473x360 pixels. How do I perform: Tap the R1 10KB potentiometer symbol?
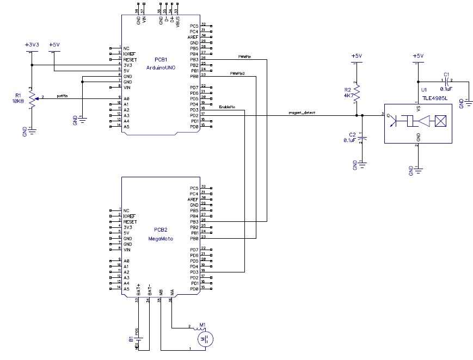(x=32, y=99)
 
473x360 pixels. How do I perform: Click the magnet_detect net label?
(x=302, y=113)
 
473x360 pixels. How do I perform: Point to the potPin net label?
(x=62, y=96)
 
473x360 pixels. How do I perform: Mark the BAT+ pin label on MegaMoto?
(x=139, y=289)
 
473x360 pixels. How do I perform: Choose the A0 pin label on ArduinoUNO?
(x=126, y=98)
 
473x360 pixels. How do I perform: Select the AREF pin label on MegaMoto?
(x=194, y=199)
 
